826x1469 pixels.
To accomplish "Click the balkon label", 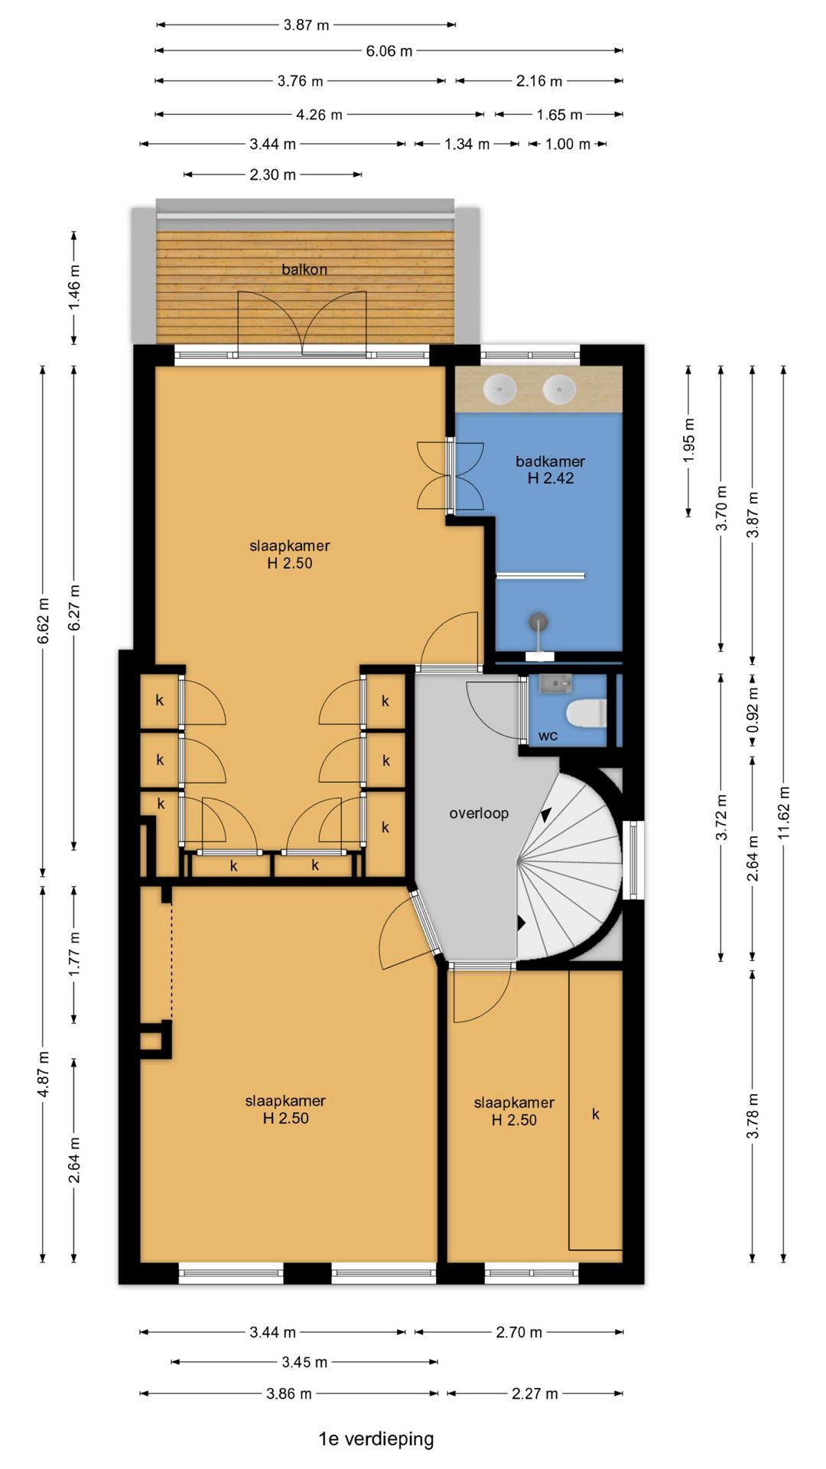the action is tap(304, 269).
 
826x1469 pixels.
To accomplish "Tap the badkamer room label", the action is tap(550, 461).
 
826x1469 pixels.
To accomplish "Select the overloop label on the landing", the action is tap(479, 813).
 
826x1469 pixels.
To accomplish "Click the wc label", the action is tap(548, 736).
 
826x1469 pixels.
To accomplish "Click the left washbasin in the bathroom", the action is tap(500, 389).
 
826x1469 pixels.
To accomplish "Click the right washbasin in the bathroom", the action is tap(559, 389).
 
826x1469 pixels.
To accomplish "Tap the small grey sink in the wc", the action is tap(554, 682).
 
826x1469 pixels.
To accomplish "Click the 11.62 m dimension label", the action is tap(784, 813).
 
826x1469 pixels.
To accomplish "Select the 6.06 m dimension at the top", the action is tap(389, 51).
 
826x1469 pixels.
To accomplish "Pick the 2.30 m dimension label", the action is tap(272, 175).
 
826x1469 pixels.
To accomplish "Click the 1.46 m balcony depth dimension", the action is tap(74, 288).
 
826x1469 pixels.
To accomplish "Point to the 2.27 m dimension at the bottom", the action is tap(535, 1394).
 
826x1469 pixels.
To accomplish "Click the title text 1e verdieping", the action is tap(376, 1439).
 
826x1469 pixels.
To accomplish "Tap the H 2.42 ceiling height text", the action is tap(551, 478).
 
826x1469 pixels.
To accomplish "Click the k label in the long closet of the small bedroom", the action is tap(596, 1114).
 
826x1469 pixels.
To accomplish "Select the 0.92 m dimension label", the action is tap(753, 709).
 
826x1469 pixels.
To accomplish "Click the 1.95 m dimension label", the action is tap(689, 440).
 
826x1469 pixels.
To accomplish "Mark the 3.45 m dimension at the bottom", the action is tap(304, 1363).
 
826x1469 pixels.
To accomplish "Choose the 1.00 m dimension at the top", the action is tap(567, 145).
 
